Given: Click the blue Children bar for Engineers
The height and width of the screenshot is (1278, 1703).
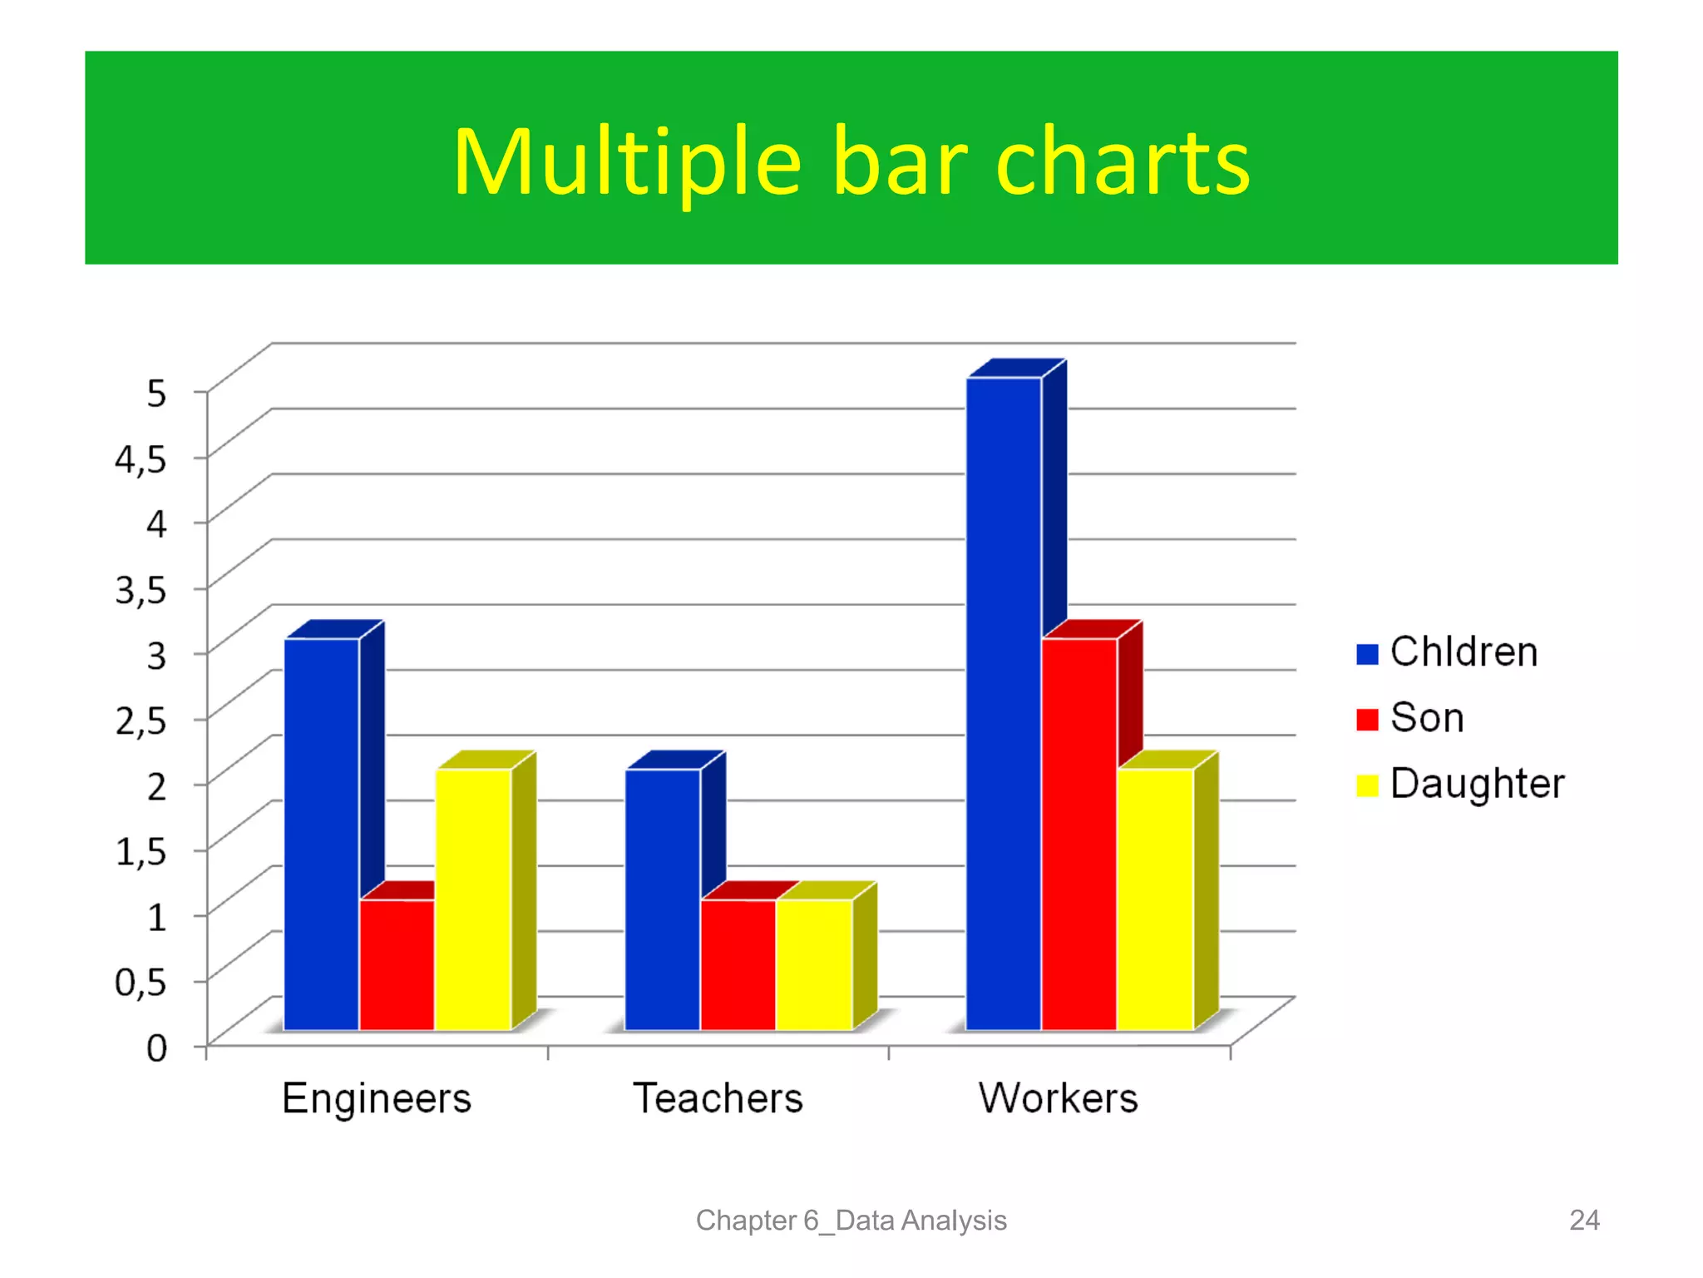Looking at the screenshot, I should [322, 835].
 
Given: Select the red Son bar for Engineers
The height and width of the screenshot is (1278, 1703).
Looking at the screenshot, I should [397, 965].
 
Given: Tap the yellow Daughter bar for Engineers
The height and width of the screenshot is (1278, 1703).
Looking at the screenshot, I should [472, 899].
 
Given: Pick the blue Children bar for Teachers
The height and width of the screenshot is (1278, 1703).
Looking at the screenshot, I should [663, 899].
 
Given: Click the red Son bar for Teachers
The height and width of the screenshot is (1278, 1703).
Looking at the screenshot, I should [738, 965].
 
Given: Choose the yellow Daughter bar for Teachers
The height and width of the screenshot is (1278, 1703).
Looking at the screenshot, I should [813, 965].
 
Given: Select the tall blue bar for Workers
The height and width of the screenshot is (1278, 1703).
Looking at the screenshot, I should [1004, 704].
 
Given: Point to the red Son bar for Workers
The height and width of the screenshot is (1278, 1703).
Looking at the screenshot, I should [1079, 835].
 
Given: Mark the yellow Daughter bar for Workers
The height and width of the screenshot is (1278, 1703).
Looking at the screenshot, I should [1155, 899].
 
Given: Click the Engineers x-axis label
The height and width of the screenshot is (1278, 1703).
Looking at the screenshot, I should [377, 1098].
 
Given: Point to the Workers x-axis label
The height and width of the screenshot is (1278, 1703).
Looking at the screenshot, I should [1058, 1098].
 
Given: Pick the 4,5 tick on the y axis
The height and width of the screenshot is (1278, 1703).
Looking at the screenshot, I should [141, 458].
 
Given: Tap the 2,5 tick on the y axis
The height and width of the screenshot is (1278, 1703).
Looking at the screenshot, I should [141, 721].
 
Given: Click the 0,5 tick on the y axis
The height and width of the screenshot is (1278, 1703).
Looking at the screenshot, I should [141, 983].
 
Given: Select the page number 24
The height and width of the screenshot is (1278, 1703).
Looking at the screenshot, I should [1584, 1220].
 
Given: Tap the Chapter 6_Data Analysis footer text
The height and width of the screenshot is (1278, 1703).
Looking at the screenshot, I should [851, 1220].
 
